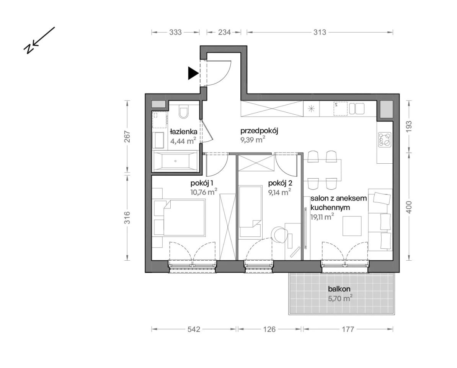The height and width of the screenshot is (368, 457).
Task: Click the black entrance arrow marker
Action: click(193, 73)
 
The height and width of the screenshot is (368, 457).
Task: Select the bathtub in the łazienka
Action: click(175, 161)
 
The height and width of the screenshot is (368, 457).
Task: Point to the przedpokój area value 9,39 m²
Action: click(253, 140)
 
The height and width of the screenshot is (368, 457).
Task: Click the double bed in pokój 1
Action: click(184, 217)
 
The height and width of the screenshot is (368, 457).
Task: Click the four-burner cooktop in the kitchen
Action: click(384, 139)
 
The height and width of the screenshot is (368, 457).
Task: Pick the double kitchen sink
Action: click(356, 109)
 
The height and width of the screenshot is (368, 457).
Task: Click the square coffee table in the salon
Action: click(352, 225)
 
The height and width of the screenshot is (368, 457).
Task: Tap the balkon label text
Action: click(339, 289)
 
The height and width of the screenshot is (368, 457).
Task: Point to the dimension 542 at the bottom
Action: click(194, 329)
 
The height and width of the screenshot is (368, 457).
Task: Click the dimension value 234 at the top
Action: click(224, 32)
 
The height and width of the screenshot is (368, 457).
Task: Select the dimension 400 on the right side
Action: click(409, 207)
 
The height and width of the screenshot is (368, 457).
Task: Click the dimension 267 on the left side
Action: click(127, 136)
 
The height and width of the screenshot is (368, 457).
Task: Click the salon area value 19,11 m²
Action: click(322, 217)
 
